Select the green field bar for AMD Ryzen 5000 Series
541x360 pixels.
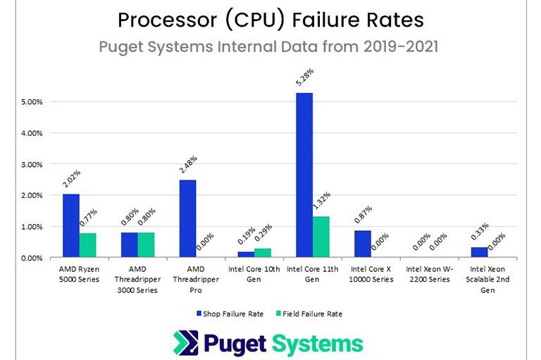[x=87, y=245]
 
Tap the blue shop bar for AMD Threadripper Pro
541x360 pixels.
[x=187, y=218]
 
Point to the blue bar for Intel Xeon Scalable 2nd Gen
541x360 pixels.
[x=478, y=252]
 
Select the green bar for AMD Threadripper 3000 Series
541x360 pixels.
[x=146, y=244]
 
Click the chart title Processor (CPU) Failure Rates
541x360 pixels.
[x=271, y=19]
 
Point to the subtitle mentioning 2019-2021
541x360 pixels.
[x=271, y=49]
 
